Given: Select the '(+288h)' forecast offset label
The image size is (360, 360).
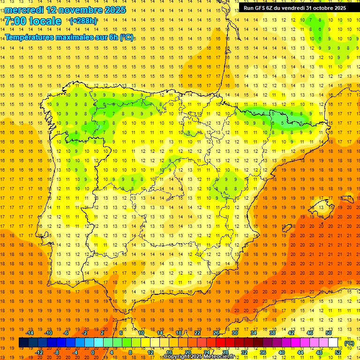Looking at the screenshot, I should (83, 21).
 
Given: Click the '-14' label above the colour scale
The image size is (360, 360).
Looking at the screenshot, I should (30, 333).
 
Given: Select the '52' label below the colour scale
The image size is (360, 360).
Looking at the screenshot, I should (338, 352).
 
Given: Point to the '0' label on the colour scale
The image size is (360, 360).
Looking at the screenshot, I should (93, 352).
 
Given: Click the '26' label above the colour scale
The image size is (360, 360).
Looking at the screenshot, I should (216, 333).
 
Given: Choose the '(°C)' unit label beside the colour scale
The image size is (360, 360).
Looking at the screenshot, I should (349, 343).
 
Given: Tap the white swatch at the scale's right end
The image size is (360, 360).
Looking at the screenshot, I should (333, 343).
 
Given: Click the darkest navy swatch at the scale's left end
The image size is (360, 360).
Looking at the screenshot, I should (23, 343).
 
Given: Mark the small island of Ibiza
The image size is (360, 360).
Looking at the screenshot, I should (286, 228).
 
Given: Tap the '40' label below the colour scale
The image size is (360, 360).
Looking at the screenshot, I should (281, 352).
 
